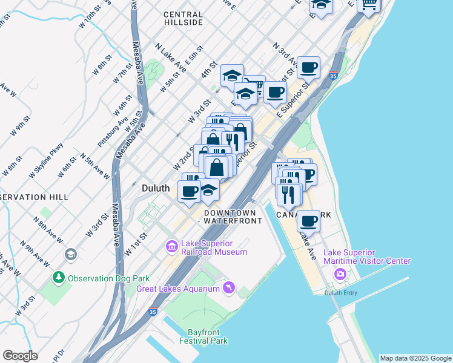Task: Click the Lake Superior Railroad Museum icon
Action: click(x=171, y=246)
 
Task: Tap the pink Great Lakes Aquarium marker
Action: click(x=228, y=288)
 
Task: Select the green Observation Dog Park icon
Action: click(x=59, y=278)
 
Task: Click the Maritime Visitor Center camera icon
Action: click(x=340, y=275)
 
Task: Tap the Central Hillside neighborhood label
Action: click(x=183, y=18)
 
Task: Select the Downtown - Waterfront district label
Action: click(x=233, y=217)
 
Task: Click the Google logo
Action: click(x=20, y=356)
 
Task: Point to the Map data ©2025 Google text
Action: click(x=415, y=358)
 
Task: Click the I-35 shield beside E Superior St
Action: click(x=333, y=77)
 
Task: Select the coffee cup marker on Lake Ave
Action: click(x=308, y=221)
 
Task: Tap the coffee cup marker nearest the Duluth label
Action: click(x=189, y=191)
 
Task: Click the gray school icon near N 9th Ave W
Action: click(x=71, y=254)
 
